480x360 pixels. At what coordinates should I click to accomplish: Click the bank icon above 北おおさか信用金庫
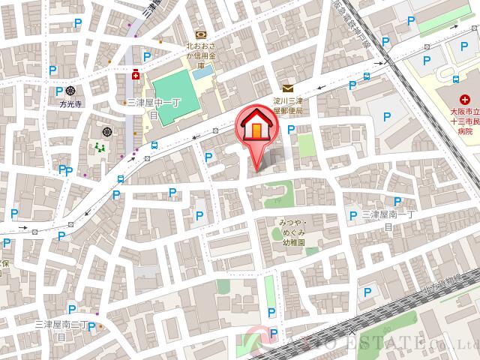200,34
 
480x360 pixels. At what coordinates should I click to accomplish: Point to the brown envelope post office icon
288,89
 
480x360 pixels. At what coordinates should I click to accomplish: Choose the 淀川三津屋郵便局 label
286,105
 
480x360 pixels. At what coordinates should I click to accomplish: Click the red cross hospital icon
464,99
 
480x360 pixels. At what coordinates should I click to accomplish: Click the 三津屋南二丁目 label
63,329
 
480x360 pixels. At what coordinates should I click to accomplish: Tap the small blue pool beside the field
206,74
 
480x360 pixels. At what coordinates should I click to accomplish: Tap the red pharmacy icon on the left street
136,74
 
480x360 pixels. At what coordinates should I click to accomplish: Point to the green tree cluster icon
100,148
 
